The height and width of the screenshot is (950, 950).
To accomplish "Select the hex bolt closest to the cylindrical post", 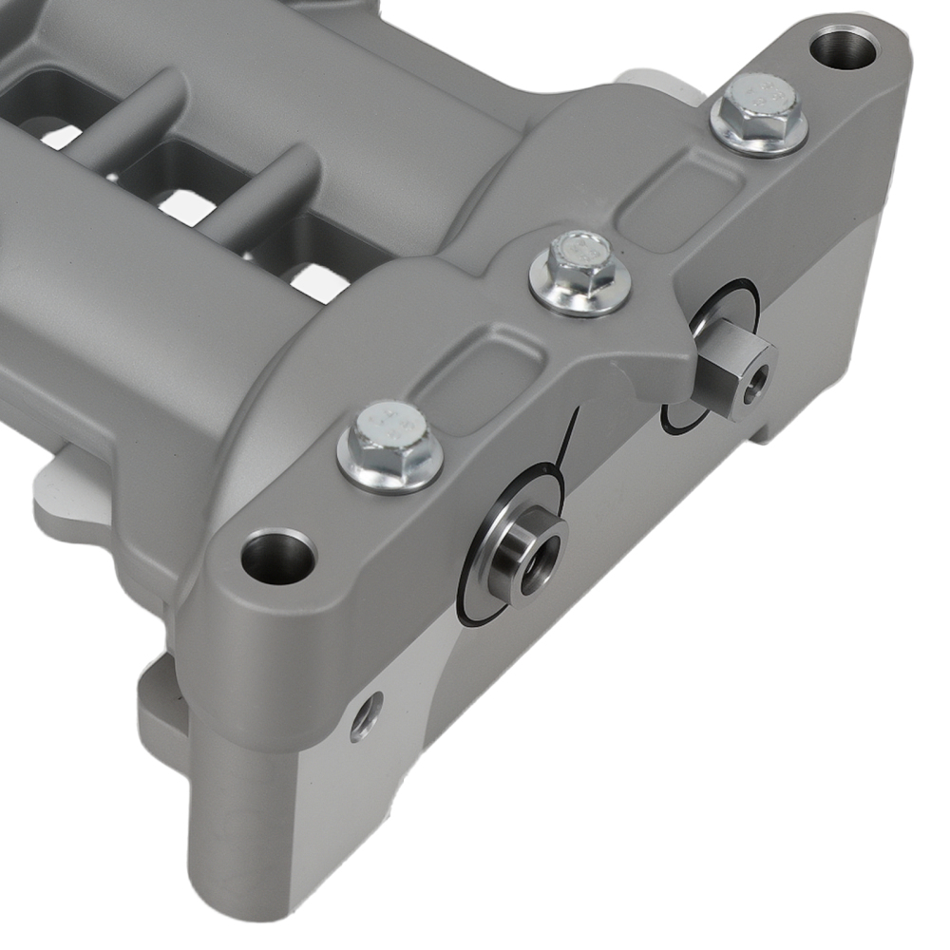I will pos(389,446).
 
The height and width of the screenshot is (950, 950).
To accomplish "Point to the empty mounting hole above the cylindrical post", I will pos(277,558).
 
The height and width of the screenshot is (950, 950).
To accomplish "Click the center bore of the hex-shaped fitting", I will pos(755,380).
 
